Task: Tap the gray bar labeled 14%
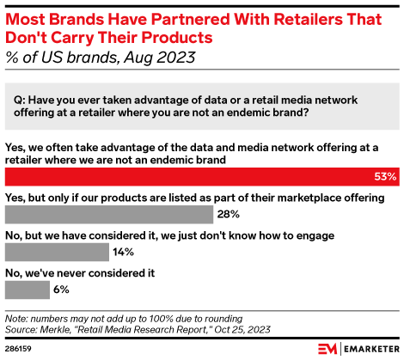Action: (x=57, y=252)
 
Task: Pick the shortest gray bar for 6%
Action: (x=27, y=290)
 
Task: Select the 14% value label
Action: (x=125, y=252)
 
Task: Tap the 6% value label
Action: (x=62, y=290)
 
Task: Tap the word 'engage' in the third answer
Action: (x=312, y=235)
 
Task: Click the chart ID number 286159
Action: (x=20, y=348)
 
